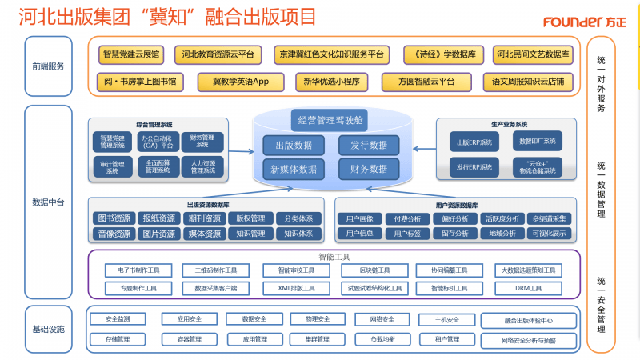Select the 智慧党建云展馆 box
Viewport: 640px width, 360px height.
coord(131,55)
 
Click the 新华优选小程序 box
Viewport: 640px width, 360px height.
coord(332,81)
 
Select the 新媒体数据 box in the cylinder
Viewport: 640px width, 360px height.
coord(294,169)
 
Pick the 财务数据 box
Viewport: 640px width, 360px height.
coord(369,169)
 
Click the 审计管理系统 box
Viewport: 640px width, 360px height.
coord(113,166)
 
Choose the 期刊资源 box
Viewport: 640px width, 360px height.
coord(204,218)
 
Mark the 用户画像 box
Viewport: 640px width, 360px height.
coord(358,218)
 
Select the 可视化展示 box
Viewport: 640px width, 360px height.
coord(549,234)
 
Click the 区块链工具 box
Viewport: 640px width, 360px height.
coord(374,270)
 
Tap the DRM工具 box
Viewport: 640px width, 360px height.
coord(528,287)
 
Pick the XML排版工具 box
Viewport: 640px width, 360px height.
coord(295,287)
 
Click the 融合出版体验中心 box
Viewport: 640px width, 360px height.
coord(528,321)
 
